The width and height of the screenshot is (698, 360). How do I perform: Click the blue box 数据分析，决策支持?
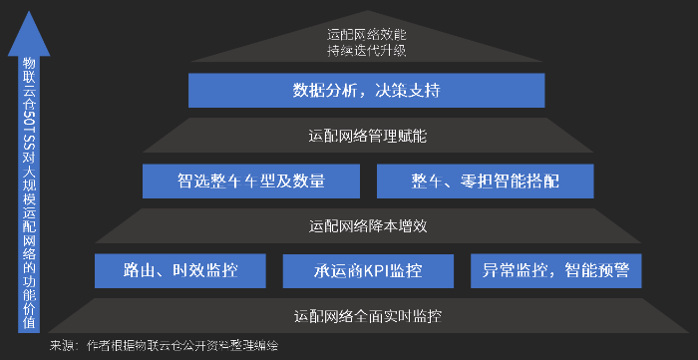[366, 91]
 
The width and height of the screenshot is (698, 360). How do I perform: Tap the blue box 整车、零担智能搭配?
[486, 180]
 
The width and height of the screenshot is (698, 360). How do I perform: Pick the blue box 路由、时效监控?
[181, 269]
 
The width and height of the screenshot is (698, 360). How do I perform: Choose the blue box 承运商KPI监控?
[367, 269]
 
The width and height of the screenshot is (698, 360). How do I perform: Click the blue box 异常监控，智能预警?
[555, 269]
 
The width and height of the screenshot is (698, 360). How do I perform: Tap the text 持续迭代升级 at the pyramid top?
[367, 50]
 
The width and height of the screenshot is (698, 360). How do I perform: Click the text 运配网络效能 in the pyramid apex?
[367, 33]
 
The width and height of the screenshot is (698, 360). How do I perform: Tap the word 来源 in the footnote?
[62, 345]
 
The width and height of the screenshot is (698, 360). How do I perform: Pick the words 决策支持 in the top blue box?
[407, 91]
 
